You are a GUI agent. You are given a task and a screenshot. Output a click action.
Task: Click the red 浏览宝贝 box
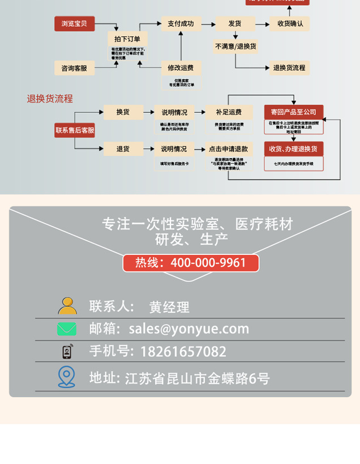pos(74,24)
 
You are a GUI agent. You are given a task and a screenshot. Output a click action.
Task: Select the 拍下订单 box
pos(127,39)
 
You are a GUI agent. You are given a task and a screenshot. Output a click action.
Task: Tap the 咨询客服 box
pos(74,68)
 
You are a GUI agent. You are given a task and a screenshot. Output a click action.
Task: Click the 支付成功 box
pos(181,24)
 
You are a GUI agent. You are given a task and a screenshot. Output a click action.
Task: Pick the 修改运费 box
pos(181,68)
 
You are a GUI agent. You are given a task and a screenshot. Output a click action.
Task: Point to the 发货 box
pos(234,24)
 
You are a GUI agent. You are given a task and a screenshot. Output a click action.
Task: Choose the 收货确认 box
pos(290,24)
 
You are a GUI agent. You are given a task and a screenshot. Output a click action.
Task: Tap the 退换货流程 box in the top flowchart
pos(289,68)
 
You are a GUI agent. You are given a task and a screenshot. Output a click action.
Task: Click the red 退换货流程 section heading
pos(50,99)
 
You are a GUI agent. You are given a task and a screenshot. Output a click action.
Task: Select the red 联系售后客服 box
pos(74,130)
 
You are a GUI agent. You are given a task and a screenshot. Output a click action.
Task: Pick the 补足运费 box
pos(228,112)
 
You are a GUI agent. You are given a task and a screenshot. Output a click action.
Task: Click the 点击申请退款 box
pos(228,149)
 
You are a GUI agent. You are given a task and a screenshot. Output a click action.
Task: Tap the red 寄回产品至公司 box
pos(293,112)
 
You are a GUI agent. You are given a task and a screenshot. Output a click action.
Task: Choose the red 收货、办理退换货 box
pos(293,149)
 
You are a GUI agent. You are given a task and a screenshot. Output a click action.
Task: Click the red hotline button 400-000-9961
pos(191,263)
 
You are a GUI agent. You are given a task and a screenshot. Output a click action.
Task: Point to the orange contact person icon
pos(67,306)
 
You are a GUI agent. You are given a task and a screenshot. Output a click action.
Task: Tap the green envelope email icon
pos(67,329)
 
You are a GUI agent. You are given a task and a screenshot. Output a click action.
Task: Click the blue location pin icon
pos(66,377)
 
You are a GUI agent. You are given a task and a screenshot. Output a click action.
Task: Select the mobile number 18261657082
pos(183,351)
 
